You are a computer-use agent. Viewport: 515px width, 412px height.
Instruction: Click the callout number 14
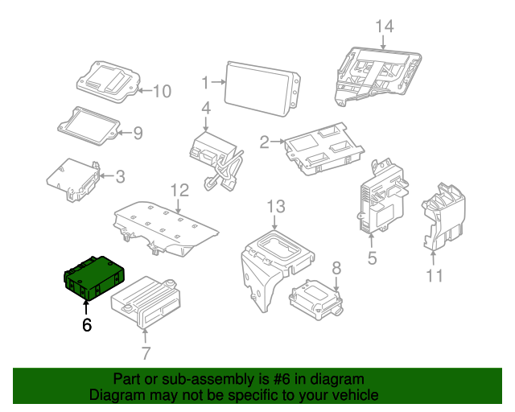coord(385,27)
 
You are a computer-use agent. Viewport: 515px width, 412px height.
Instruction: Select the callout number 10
coord(162,92)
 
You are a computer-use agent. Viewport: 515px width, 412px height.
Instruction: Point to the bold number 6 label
coord(87,324)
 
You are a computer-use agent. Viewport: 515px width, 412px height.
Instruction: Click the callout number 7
coord(145,352)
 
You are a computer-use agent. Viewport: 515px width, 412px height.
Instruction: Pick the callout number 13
coord(276,207)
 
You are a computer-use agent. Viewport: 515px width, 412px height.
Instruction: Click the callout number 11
coord(435,277)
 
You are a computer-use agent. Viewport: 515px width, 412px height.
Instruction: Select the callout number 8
coord(336,267)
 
